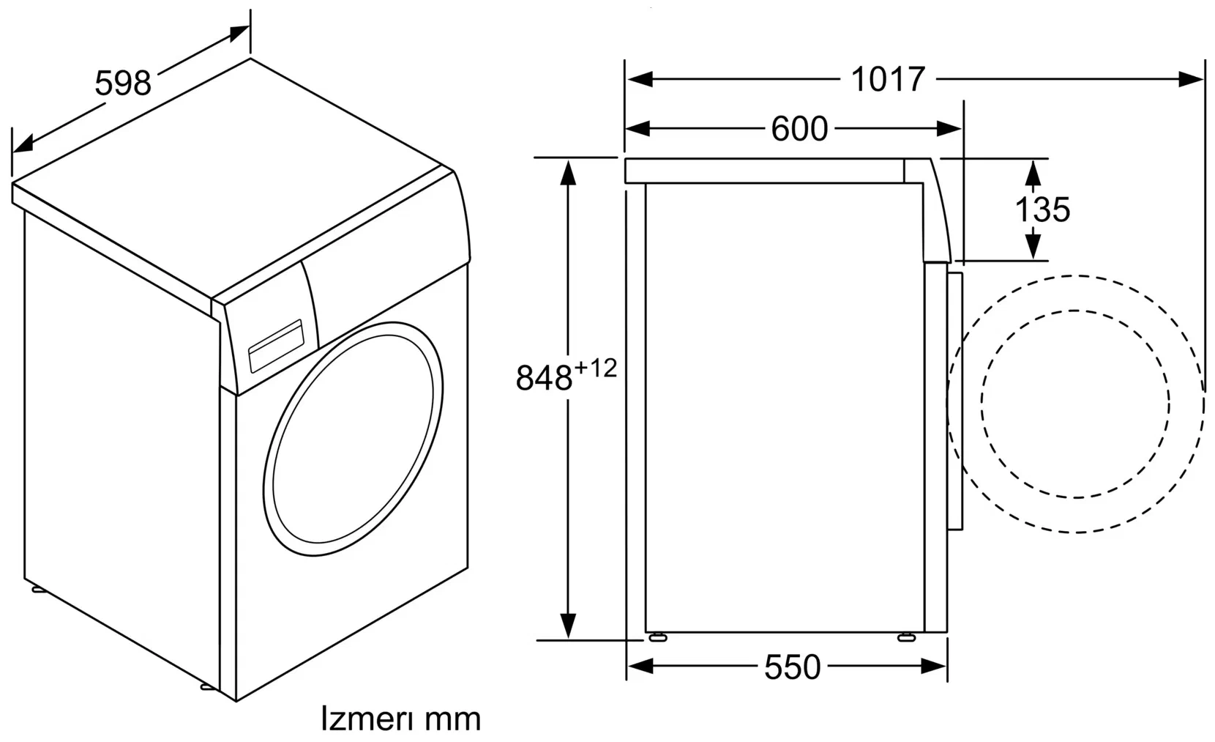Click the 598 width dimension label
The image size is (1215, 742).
click(123, 84)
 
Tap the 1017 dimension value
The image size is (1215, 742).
click(887, 79)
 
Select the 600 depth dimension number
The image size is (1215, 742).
click(799, 129)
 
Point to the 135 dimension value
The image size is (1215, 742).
click(1042, 209)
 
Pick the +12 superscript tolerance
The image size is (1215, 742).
click(596, 368)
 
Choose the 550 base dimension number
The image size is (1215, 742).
click(793, 667)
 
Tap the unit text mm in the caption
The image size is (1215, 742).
click(453, 721)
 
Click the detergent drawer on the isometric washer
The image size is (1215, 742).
click(276, 345)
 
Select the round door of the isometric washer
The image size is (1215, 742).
click(353, 439)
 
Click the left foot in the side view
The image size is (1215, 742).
click(657, 637)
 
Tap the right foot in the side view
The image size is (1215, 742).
click(906, 637)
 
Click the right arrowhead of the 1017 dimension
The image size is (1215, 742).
click(1192, 79)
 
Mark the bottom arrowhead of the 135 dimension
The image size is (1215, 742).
click(1033, 246)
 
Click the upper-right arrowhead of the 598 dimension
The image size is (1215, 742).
click(239, 32)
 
